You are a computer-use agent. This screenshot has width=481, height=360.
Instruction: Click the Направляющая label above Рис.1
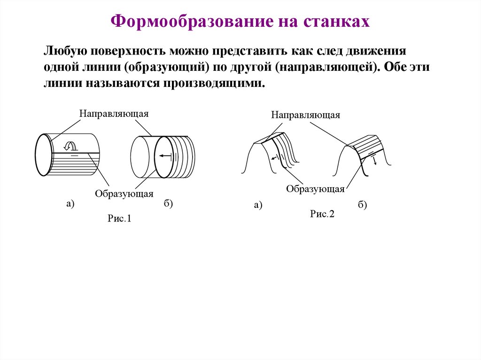tap(114, 114)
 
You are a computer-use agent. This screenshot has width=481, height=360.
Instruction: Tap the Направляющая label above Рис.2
tap(305, 115)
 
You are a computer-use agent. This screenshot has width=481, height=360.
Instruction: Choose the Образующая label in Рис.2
tap(316, 189)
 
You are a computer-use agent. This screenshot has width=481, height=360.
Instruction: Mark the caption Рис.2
tap(322, 214)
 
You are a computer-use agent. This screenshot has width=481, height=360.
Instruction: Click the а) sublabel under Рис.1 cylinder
tap(70, 203)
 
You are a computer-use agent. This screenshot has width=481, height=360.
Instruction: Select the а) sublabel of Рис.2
tap(258, 205)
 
